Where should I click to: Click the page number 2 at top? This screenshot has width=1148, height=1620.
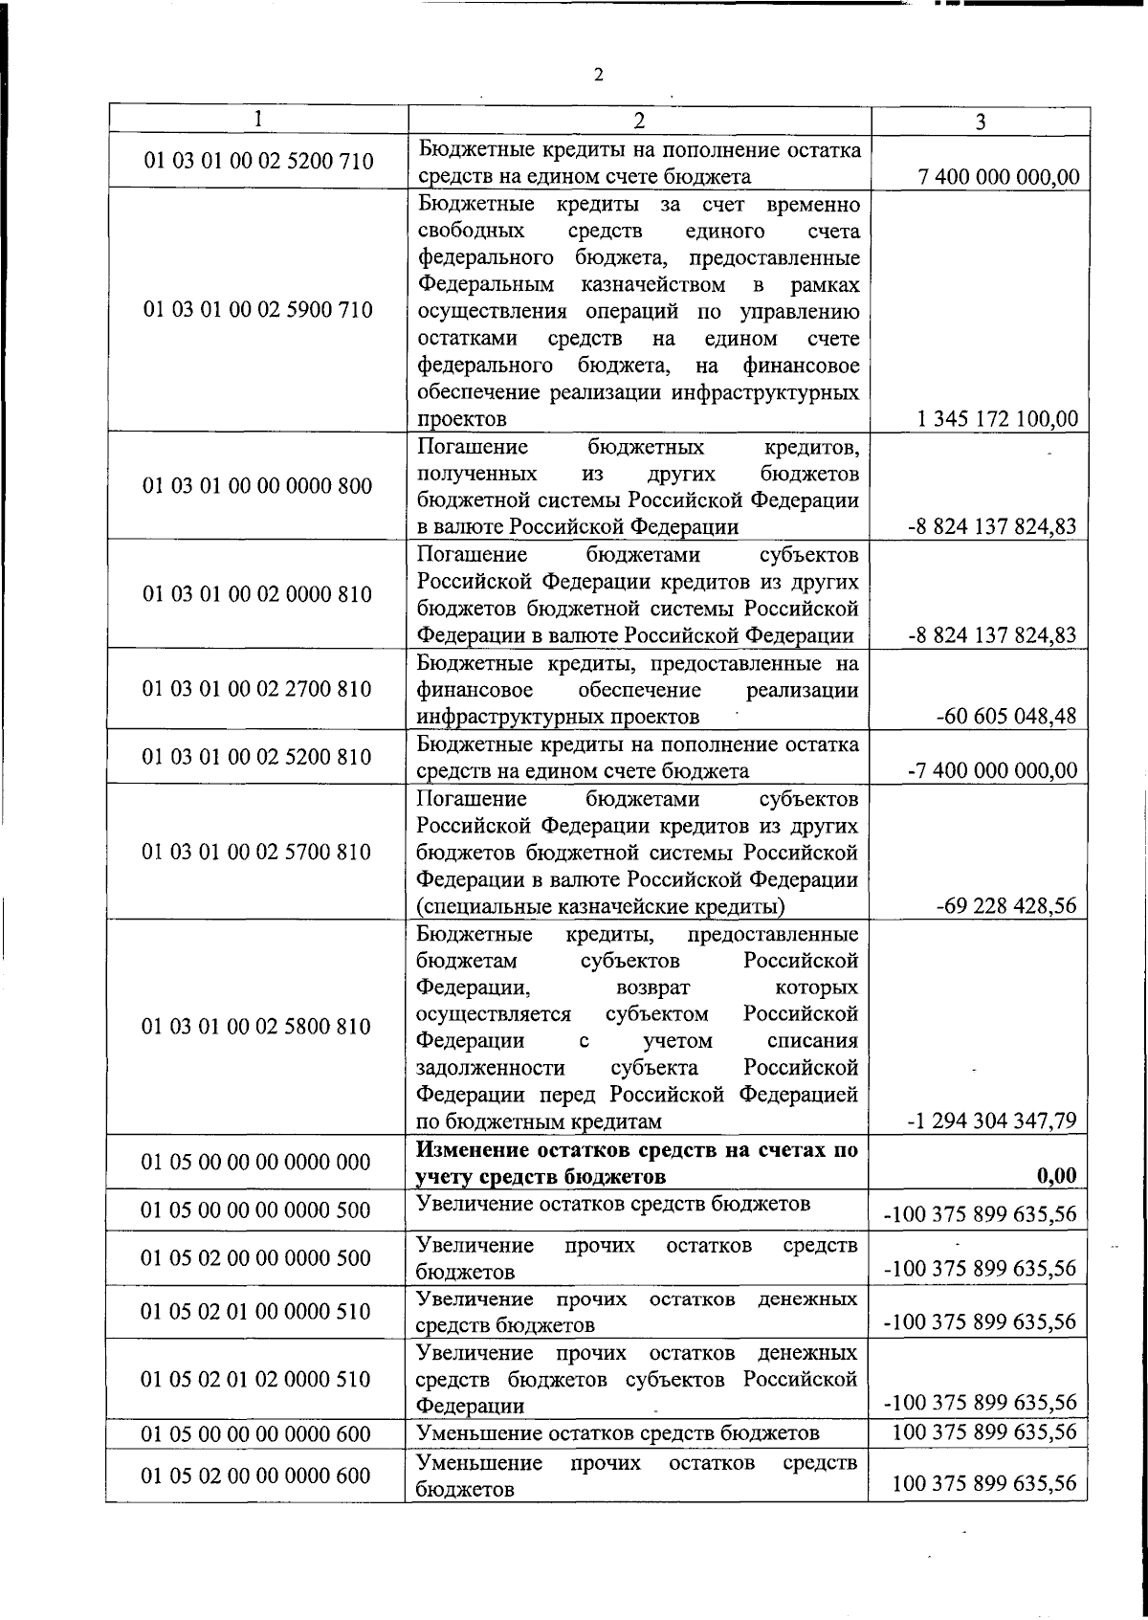click(x=598, y=76)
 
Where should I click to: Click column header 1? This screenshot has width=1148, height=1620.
click(x=257, y=118)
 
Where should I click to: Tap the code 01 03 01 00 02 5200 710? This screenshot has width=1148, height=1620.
click(x=257, y=161)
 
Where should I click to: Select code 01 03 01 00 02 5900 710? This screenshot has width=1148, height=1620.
click(x=257, y=310)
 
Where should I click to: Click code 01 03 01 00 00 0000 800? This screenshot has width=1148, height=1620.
click(x=257, y=485)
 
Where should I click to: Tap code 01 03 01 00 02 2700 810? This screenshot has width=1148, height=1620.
click(x=257, y=688)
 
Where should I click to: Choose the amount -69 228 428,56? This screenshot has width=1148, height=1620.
click(x=1007, y=905)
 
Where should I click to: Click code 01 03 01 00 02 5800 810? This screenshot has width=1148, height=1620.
click(x=255, y=1026)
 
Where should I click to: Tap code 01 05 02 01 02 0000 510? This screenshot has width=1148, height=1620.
click(x=255, y=1378)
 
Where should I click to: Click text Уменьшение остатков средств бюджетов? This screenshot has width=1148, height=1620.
click(x=618, y=1432)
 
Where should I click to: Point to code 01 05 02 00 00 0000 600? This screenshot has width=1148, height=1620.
click(x=255, y=1476)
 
